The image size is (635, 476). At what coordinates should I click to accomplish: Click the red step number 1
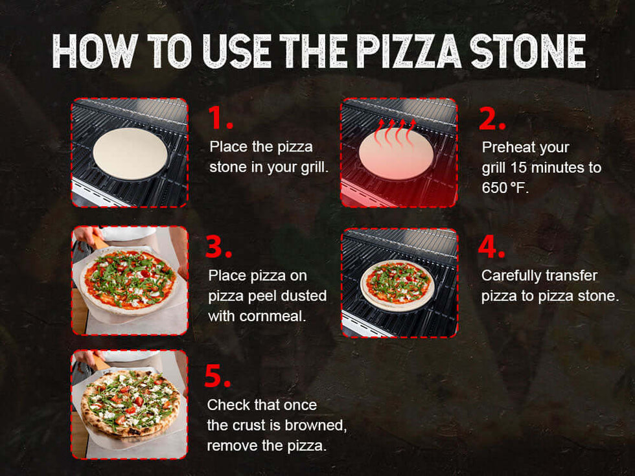tap(221, 118)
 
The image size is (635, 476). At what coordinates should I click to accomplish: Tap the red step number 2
tap(492, 119)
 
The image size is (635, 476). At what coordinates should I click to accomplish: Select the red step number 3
tap(219, 247)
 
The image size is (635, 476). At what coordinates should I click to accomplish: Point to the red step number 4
tap(492, 247)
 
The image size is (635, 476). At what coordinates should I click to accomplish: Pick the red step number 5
tap(218, 376)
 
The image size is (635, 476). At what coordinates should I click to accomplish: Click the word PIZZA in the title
tap(409, 51)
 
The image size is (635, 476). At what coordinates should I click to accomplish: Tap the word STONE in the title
tap(528, 51)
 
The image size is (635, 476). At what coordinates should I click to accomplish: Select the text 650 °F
tap(505, 188)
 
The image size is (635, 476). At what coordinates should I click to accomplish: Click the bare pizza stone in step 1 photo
tap(130, 154)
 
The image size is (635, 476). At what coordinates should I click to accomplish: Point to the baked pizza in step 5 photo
tap(130, 403)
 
